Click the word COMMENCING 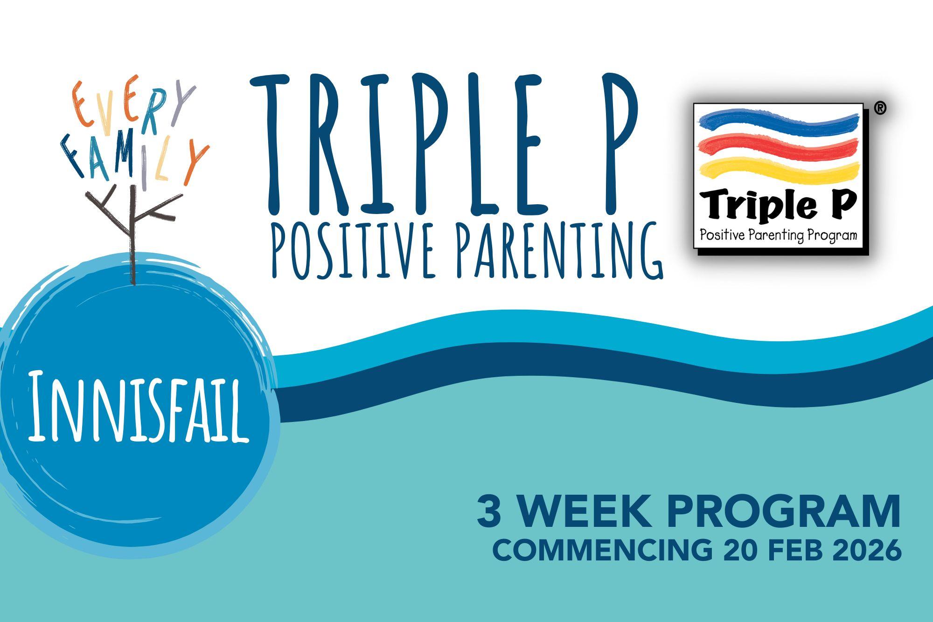602,550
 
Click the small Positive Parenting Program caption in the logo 778,235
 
